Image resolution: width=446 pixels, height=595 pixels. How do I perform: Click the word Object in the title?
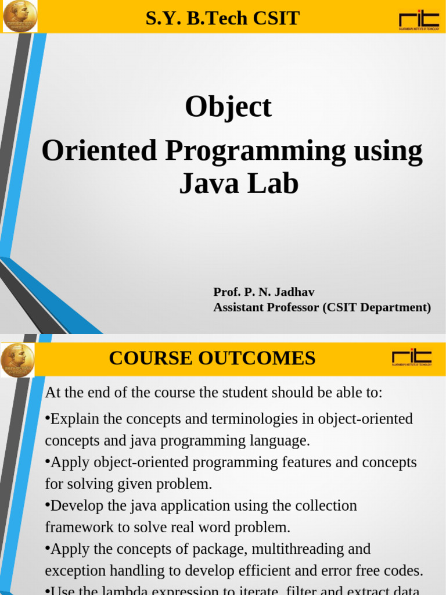tap(228, 107)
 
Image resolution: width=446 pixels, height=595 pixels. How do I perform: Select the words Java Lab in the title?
tap(239, 184)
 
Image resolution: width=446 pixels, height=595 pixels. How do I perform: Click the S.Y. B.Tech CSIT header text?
tap(222, 19)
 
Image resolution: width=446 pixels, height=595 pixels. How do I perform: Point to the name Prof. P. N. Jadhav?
tap(264, 292)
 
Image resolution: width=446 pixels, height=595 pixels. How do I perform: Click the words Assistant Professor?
tap(266, 307)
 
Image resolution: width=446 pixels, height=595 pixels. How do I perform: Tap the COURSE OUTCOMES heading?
tap(212, 358)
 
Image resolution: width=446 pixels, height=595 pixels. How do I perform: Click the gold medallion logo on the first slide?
tap(19, 16)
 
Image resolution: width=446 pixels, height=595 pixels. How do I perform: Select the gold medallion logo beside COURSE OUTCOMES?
tap(17, 360)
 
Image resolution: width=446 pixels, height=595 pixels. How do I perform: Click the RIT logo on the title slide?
tap(419, 19)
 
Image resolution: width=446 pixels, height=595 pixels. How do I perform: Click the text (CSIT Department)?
tap(377, 307)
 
